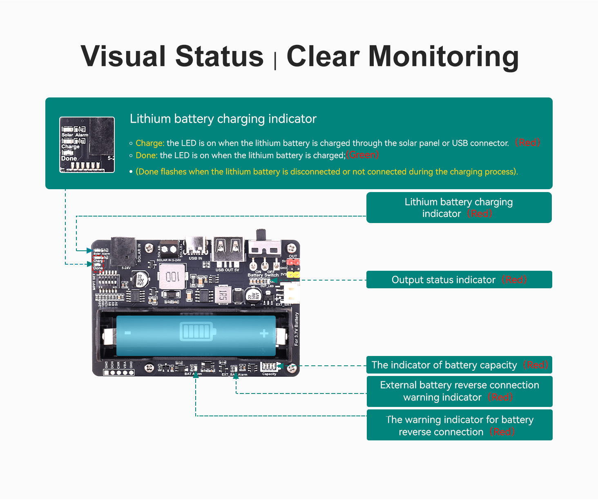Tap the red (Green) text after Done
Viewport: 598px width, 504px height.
[x=362, y=155]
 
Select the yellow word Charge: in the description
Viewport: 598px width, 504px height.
[x=150, y=143]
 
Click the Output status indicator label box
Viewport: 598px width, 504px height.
[x=459, y=280]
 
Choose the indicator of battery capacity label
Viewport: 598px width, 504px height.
[x=459, y=365]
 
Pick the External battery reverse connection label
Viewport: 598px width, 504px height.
[x=459, y=391]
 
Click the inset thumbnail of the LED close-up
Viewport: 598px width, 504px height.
[x=87, y=145]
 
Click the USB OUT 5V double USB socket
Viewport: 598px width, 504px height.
[x=228, y=250]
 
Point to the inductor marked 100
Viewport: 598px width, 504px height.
[x=173, y=277]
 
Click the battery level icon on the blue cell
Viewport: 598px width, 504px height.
[x=196, y=331]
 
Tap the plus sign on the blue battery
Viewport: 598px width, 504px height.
[x=264, y=334]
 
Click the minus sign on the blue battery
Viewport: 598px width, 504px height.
[x=127, y=333]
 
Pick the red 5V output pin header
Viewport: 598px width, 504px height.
[x=293, y=262]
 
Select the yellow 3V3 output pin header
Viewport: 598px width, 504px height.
[x=293, y=275]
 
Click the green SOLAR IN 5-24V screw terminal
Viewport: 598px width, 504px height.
[x=168, y=248]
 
